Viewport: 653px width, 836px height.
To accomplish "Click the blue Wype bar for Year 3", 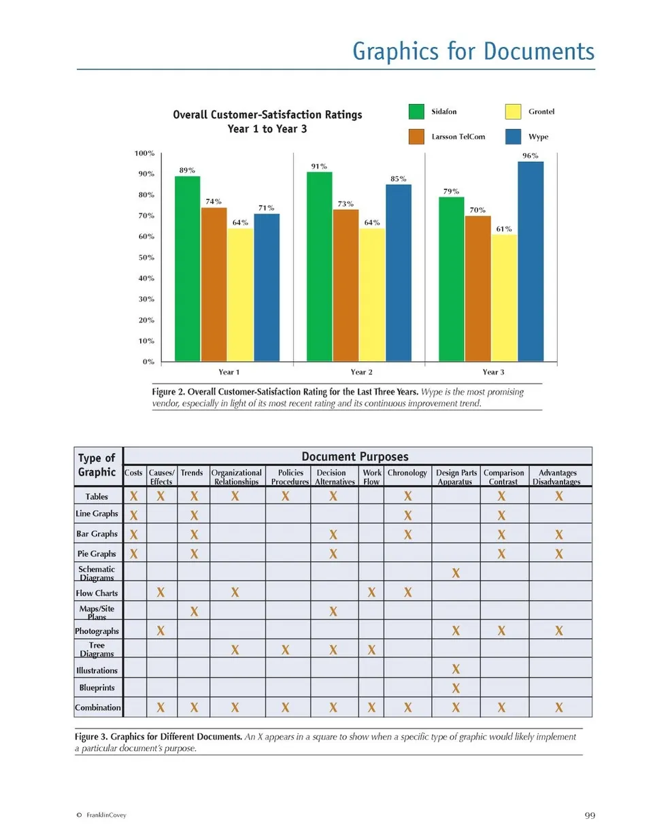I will pos(531,261).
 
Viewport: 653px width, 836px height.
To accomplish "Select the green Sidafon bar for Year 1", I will pos(187,269).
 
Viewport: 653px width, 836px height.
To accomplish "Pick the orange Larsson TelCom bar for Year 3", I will pos(478,288).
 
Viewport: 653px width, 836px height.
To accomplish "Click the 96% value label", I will pos(531,156).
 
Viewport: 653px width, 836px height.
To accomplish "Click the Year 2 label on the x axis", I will pos(361,372).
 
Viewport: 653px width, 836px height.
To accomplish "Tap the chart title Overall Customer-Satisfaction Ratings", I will pos(267,114).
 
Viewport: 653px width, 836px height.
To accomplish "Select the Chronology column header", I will pos(407,473).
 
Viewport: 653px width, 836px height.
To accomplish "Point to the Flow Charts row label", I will pos(97,593).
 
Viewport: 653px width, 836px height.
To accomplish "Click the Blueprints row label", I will pos(97,688).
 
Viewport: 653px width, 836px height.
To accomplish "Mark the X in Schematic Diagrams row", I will pos(456,573).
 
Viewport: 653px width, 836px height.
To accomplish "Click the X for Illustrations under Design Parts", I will pos(456,669).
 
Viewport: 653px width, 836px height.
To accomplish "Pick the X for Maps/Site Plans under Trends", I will pos(194,612).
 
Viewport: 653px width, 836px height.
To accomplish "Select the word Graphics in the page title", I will pos(397,52).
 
